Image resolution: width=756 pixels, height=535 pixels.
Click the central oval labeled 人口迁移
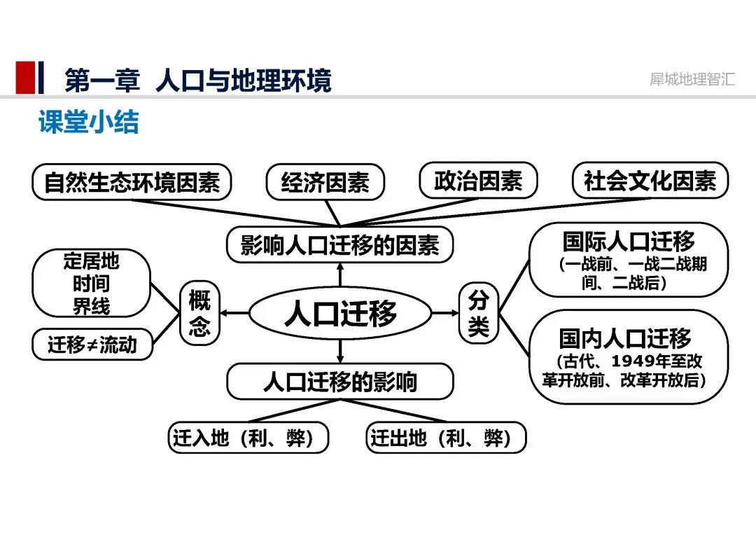[x=340, y=313]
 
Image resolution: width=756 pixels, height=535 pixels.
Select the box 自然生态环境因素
[x=132, y=182]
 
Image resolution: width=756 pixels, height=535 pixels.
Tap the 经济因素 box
[x=325, y=183]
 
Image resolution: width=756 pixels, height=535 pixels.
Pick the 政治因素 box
[x=478, y=181]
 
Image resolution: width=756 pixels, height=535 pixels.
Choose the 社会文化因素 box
[x=650, y=181]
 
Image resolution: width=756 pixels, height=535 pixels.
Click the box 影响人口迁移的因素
[x=340, y=245]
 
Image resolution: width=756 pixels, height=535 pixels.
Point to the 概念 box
[x=199, y=313]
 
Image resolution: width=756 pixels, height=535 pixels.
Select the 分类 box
[x=478, y=313]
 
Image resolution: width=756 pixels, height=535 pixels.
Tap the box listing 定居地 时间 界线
[x=92, y=284]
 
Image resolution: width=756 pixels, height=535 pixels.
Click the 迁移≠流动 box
[x=92, y=345]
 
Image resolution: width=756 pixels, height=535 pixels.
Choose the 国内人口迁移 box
[x=628, y=356]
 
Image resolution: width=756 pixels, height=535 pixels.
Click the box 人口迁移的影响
[x=340, y=382]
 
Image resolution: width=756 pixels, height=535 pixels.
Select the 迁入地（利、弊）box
[x=248, y=438]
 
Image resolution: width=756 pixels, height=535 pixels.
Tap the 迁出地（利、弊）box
[x=446, y=438]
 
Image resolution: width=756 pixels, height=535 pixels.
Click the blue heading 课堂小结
[x=89, y=122]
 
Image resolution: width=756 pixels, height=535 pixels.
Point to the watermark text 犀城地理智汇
[x=692, y=78]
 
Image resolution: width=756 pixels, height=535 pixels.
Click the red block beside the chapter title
[x=25, y=78]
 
